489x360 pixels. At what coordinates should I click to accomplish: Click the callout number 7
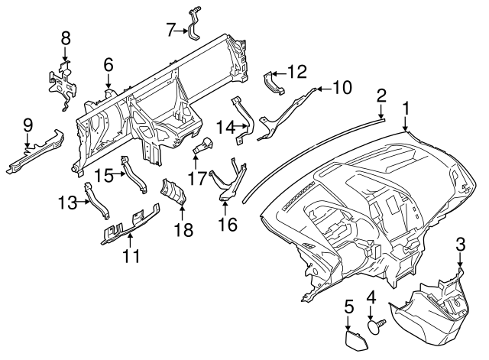pos(171,31)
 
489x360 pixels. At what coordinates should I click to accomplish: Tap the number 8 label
pos(66,39)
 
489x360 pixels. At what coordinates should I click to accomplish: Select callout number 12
pos(297,72)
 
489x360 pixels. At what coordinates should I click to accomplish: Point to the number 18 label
pos(184,229)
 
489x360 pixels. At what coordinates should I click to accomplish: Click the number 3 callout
pos(460,245)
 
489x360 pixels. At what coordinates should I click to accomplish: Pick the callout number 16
pos(228,225)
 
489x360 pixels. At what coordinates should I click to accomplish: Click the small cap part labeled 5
pos(356,340)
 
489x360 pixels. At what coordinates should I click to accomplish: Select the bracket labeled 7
pos(194,24)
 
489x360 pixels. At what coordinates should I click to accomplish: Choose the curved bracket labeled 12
pos(274,83)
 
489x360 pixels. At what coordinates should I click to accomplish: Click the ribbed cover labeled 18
pos(173,192)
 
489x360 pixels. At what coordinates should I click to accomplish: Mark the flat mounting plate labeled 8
pos(63,84)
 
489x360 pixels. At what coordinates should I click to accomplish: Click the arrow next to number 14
pos(242,126)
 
